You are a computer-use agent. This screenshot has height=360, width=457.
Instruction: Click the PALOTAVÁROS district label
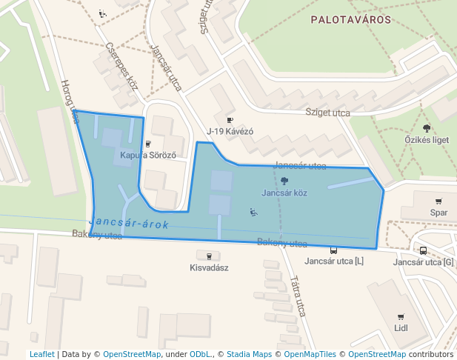coord(351,20)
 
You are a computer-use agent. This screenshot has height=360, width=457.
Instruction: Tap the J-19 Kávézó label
coord(230,131)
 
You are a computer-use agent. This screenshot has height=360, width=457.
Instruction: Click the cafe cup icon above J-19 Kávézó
coord(230,120)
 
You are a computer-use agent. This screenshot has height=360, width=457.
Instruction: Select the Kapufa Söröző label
coord(148,156)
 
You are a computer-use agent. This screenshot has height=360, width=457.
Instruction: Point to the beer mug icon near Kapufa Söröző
coord(148,144)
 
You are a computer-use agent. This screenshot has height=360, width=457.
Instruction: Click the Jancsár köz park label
coord(284,193)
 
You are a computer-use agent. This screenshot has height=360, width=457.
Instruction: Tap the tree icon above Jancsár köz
coord(284,181)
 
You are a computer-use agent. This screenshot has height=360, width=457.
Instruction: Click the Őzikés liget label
coord(427,139)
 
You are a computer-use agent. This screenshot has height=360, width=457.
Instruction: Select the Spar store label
coord(438,213)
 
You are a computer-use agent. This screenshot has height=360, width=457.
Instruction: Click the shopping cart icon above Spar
coord(438,201)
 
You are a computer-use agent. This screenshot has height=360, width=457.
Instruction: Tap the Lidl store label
coord(401,328)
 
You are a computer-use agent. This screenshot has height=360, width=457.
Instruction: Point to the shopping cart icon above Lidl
coord(401,316)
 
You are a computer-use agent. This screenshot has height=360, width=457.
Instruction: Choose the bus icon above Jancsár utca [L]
coord(334,250)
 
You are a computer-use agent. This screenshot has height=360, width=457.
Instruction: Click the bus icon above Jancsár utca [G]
coord(423,250)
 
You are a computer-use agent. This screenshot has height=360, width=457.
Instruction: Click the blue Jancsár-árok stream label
coord(129,223)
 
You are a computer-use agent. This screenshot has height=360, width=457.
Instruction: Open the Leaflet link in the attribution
coord(41,354)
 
